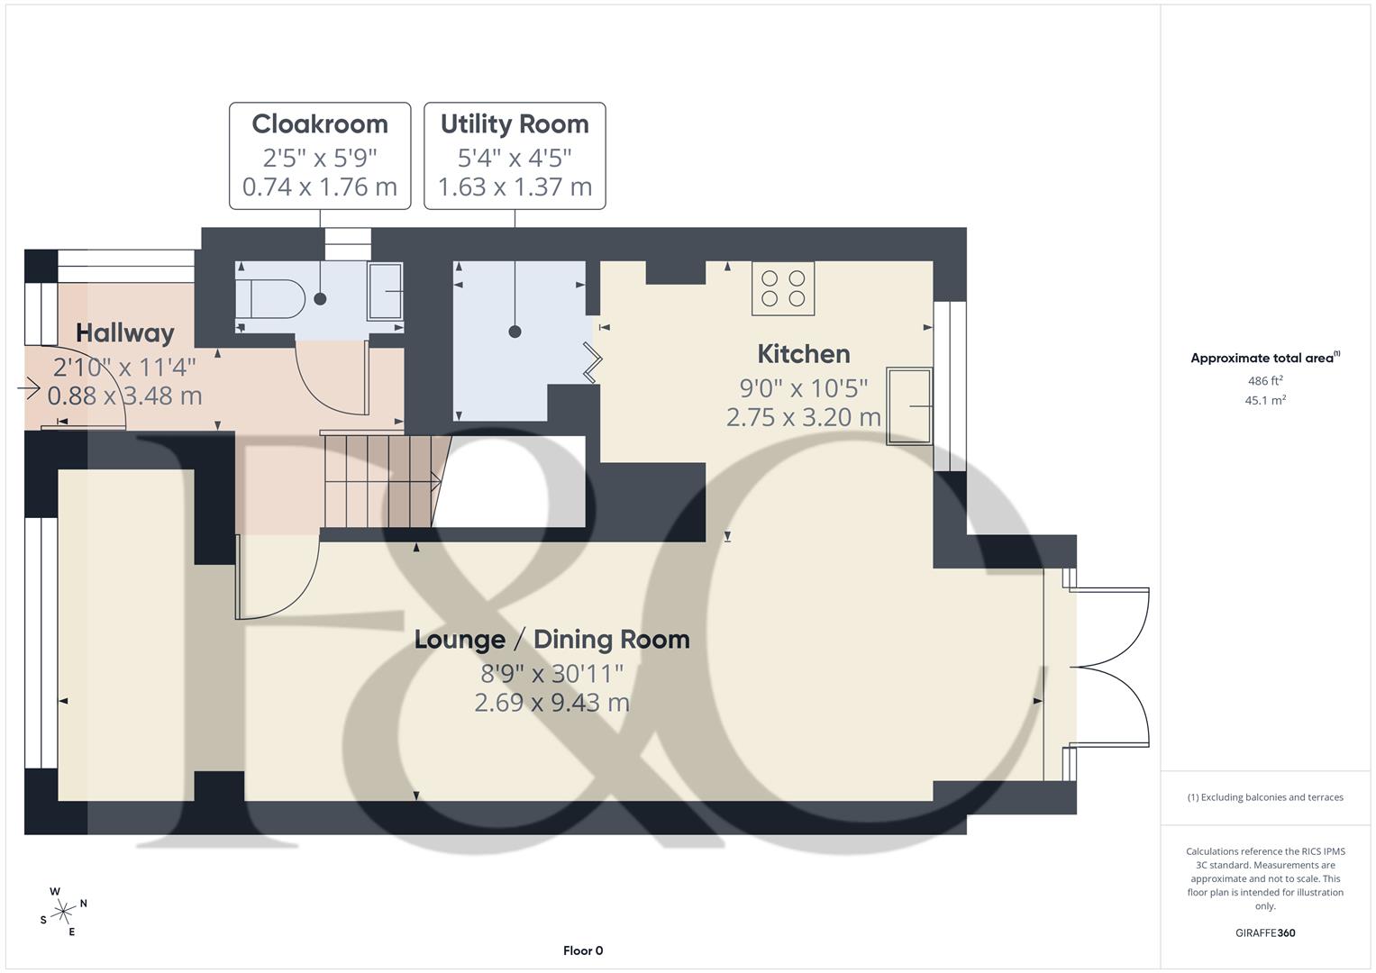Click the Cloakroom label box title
[x=320, y=124]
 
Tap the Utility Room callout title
[x=515, y=124]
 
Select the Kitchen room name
[x=803, y=354]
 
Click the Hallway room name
[x=124, y=332]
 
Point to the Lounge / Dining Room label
[x=551, y=640]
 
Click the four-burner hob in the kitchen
[x=783, y=289]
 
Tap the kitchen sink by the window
[x=909, y=406]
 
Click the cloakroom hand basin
[x=385, y=291]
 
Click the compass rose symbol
[x=63, y=911]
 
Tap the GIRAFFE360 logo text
[x=1264, y=932]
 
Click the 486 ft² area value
[x=1264, y=381]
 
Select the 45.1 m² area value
[x=1264, y=401]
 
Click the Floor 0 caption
[x=583, y=950]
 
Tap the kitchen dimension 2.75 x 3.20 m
[x=803, y=417]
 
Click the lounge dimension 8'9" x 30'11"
[x=551, y=674]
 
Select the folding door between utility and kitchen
[x=593, y=362]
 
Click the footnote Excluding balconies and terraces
[x=1264, y=797]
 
